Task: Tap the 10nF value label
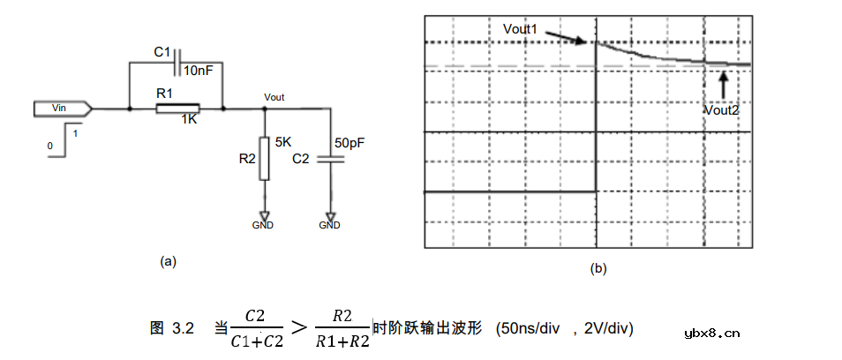pos(199,71)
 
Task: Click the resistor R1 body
pos(177,109)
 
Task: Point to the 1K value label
pos(189,121)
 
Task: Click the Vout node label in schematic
pos(274,98)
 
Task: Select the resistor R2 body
pos(264,158)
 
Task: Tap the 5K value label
pos(284,144)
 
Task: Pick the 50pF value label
pos(349,144)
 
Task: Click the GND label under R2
pos(263,225)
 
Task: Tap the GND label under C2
pos(330,225)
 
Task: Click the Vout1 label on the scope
pos(520,29)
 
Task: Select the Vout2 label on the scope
pos(723,110)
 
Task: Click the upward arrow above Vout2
pos(724,86)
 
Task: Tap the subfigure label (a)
pos(168,262)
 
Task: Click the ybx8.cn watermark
pos(712,334)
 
